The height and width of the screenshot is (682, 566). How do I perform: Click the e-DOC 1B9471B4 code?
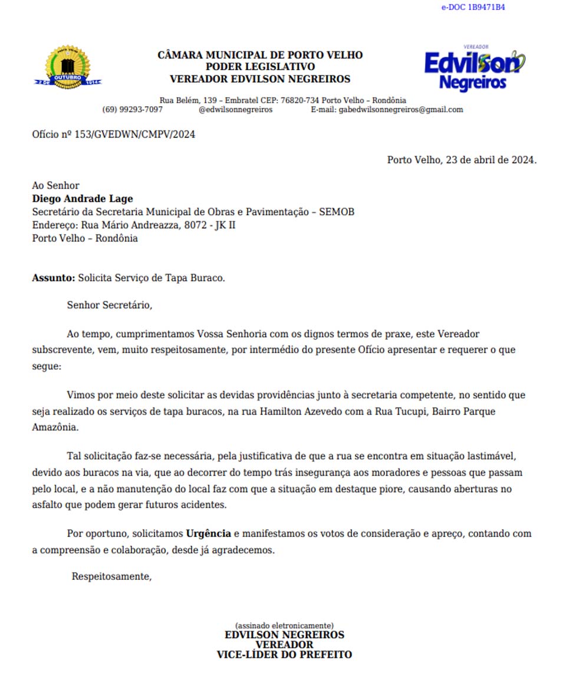pyautogui.click(x=473, y=8)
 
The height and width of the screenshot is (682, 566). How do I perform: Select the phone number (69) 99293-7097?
pyautogui.click(x=133, y=110)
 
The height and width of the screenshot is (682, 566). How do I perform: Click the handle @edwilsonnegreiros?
pyautogui.click(x=236, y=110)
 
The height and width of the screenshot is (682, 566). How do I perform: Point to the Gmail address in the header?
pyautogui.click(x=401, y=110)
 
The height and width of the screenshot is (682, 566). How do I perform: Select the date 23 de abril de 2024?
pyautogui.click(x=489, y=160)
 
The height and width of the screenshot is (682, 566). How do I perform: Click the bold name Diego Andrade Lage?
pyautogui.click(x=83, y=199)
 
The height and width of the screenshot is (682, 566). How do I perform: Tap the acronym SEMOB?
pyautogui.click(x=337, y=212)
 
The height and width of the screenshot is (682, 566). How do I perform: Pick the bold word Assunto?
pyautogui.click(x=53, y=278)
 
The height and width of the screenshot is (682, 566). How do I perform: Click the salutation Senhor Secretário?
pyautogui.click(x=110, y=306)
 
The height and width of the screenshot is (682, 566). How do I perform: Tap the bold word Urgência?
pyautogui.click(x=209, y=534)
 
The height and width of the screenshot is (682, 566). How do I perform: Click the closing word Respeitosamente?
pyautogui.click(x=111, y=577)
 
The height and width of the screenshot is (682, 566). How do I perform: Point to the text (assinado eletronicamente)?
pyautogui.click(x=284, y=625)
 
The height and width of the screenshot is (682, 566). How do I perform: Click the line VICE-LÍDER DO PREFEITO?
pyautogui.click(x=284, y=654)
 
